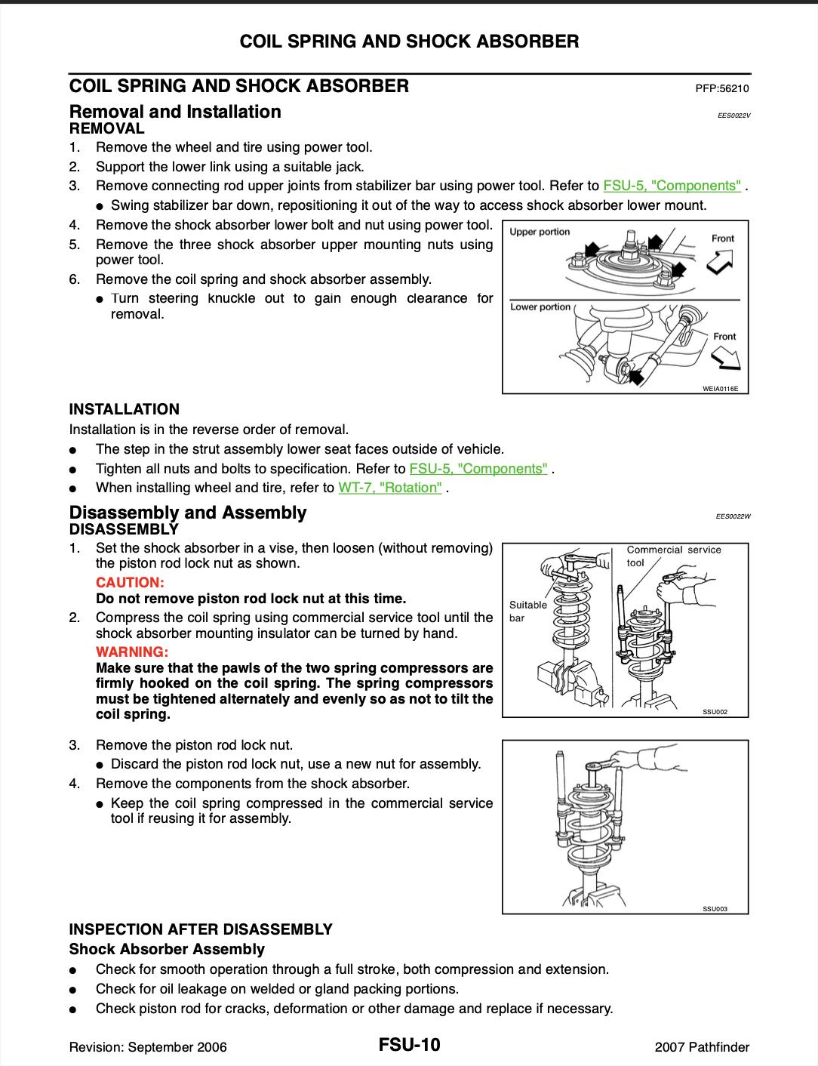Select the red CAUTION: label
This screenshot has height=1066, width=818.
130,583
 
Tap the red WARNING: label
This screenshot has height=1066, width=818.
131,652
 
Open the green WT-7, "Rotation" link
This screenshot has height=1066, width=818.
390,488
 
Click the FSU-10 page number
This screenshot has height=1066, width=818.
410,1046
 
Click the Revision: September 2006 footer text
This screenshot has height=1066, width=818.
148,1047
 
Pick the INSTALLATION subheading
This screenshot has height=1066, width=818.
125,409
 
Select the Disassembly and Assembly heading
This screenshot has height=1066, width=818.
188,513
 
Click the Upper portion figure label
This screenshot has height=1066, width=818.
540,232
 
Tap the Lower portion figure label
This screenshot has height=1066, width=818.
540,307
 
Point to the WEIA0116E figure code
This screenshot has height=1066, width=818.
719,389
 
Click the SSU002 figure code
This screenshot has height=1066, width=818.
715,712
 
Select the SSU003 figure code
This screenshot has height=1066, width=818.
715,909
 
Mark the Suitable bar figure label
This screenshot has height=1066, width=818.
527,611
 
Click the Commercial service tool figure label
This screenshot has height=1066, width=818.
673,556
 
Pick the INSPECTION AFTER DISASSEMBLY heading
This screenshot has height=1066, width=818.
201,929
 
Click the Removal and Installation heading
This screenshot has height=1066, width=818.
175,112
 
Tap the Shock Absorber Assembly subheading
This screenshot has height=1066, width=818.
167,949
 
